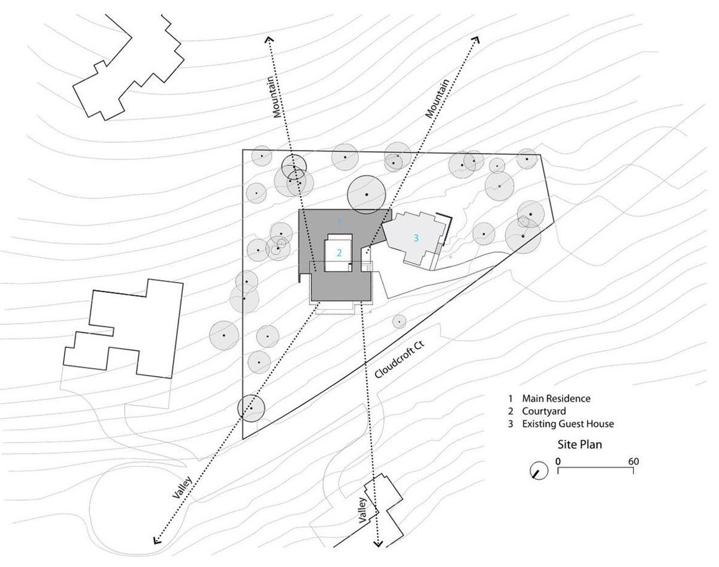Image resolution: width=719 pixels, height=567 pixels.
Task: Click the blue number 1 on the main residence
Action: click(x=339, y=222)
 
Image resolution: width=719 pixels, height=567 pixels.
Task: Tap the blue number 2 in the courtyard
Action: click(x=339, y=253)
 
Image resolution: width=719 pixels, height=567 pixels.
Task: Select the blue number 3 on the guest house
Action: click(x=415, y=238)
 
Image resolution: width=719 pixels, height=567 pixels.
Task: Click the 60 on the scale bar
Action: click(x=633, y=461)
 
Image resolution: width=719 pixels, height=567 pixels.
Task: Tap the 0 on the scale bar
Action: click(x=558, y=461)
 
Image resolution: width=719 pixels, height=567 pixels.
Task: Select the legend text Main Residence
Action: click(x=556, y=398)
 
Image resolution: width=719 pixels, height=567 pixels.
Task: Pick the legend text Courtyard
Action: click(x=543, y=411)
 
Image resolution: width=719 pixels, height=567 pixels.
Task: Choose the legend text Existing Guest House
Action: click(x=567, y=424)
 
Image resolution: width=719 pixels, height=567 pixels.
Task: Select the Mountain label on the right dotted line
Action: click(x=437, y=98)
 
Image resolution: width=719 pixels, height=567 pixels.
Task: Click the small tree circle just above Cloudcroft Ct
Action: click(x=399, y=322)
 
